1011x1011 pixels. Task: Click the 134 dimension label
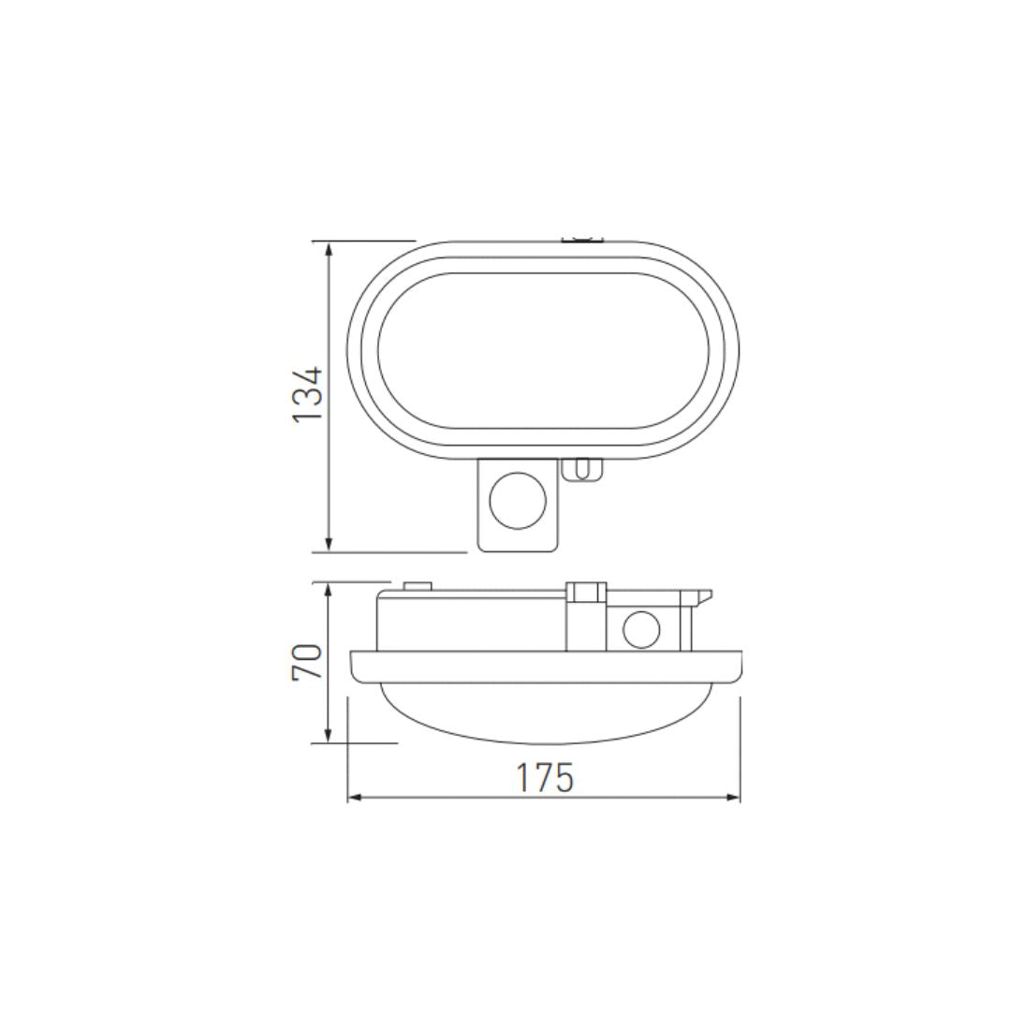(x=308, y=394)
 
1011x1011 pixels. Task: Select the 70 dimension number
(x=308, y=661)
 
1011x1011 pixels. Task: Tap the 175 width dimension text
(x=544, y=777)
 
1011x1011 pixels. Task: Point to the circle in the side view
(x=640, y=629)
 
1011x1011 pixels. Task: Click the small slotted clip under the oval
(x=581, y=469)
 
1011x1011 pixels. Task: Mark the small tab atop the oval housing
(x=582, y=240)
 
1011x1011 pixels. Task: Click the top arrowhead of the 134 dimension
(x=329, y=248)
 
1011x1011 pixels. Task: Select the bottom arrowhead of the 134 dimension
(x=329, y=545)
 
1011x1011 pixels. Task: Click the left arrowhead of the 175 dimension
(x=355, y=799)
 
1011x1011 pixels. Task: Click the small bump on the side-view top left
(x=417, y=586)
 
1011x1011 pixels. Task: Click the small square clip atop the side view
(x=586, y=592)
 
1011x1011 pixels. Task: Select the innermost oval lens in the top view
(x=543, y=351)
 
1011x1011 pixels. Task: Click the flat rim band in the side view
(x=547, y=666)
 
